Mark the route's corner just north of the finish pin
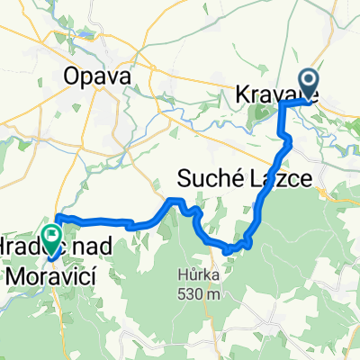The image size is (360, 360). coord(57,216)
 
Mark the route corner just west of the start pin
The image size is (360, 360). coord(282,103)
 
